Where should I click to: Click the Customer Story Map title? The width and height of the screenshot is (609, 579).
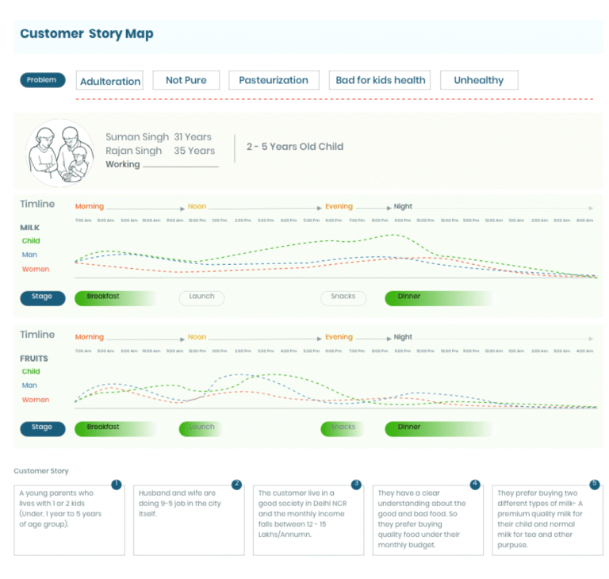[86, 34]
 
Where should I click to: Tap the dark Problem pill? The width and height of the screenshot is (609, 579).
[42, 80]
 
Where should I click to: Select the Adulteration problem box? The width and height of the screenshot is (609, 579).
[110, 81]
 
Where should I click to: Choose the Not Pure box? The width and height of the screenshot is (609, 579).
[186, 80]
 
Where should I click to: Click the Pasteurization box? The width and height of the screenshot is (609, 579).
[274, 80]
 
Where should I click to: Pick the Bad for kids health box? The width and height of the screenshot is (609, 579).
[381, 80]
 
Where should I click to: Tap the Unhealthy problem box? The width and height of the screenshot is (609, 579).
[478, 80]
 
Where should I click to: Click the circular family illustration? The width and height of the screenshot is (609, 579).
[60, 153]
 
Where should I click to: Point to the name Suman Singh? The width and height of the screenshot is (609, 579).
[137, 137]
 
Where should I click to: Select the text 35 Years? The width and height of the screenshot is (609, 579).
[194, 151]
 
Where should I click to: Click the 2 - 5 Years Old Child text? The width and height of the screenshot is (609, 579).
[295, 147]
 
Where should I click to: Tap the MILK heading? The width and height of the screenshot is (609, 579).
[30, 228]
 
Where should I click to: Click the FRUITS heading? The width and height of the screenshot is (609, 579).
[34, 359]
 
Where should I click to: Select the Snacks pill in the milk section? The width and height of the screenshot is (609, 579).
[343, 297]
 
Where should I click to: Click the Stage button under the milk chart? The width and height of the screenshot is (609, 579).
[42, 297]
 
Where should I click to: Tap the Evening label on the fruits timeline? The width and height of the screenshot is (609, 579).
[339, 337]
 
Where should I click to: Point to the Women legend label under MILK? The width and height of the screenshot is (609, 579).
[36, 270]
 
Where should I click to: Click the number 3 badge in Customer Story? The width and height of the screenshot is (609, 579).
[357, 484]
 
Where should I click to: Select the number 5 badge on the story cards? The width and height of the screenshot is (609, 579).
[595, 484]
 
